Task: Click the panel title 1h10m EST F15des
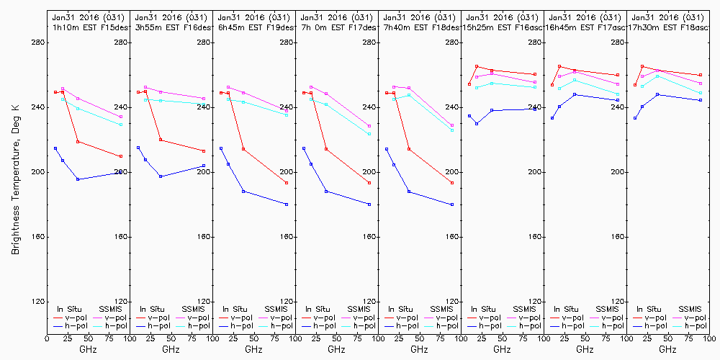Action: pyautogui.click(x=89, y=27)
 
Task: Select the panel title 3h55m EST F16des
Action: pyautogui.click(x=171, y=27)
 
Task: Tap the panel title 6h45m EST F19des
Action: pyautogui.click(x=254, y=27)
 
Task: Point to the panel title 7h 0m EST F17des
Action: pyautogui.click(x=337, y=27)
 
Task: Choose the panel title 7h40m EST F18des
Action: pyautogui.click(x=420, y=27)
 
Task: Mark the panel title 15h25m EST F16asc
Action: pyautogui.click(x=503, y=27)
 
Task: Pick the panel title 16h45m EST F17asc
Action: pyautogui.click(x=585, y=27)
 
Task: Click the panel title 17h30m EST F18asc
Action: pyautogui.click(x=668, y=27)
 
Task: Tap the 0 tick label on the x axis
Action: pyautogui.click(x=47, y=337)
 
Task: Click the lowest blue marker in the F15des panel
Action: pyautogui.click(x=78, y=179)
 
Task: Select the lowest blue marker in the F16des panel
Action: pyautogui.click(x=161, y=176)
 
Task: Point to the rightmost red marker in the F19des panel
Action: pyautogui.click(x=287, y=183)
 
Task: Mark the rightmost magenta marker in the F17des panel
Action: pyautogui.click(x=369, y=126)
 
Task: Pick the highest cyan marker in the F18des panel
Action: pyautogui.click(x=409, y=95)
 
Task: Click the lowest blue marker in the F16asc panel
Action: pyautogui.click(x=477, y=124)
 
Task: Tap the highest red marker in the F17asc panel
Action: pyautogui.click(x=559, y=66)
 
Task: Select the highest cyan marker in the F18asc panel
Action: pyautogui.click(x=657, y=76)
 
